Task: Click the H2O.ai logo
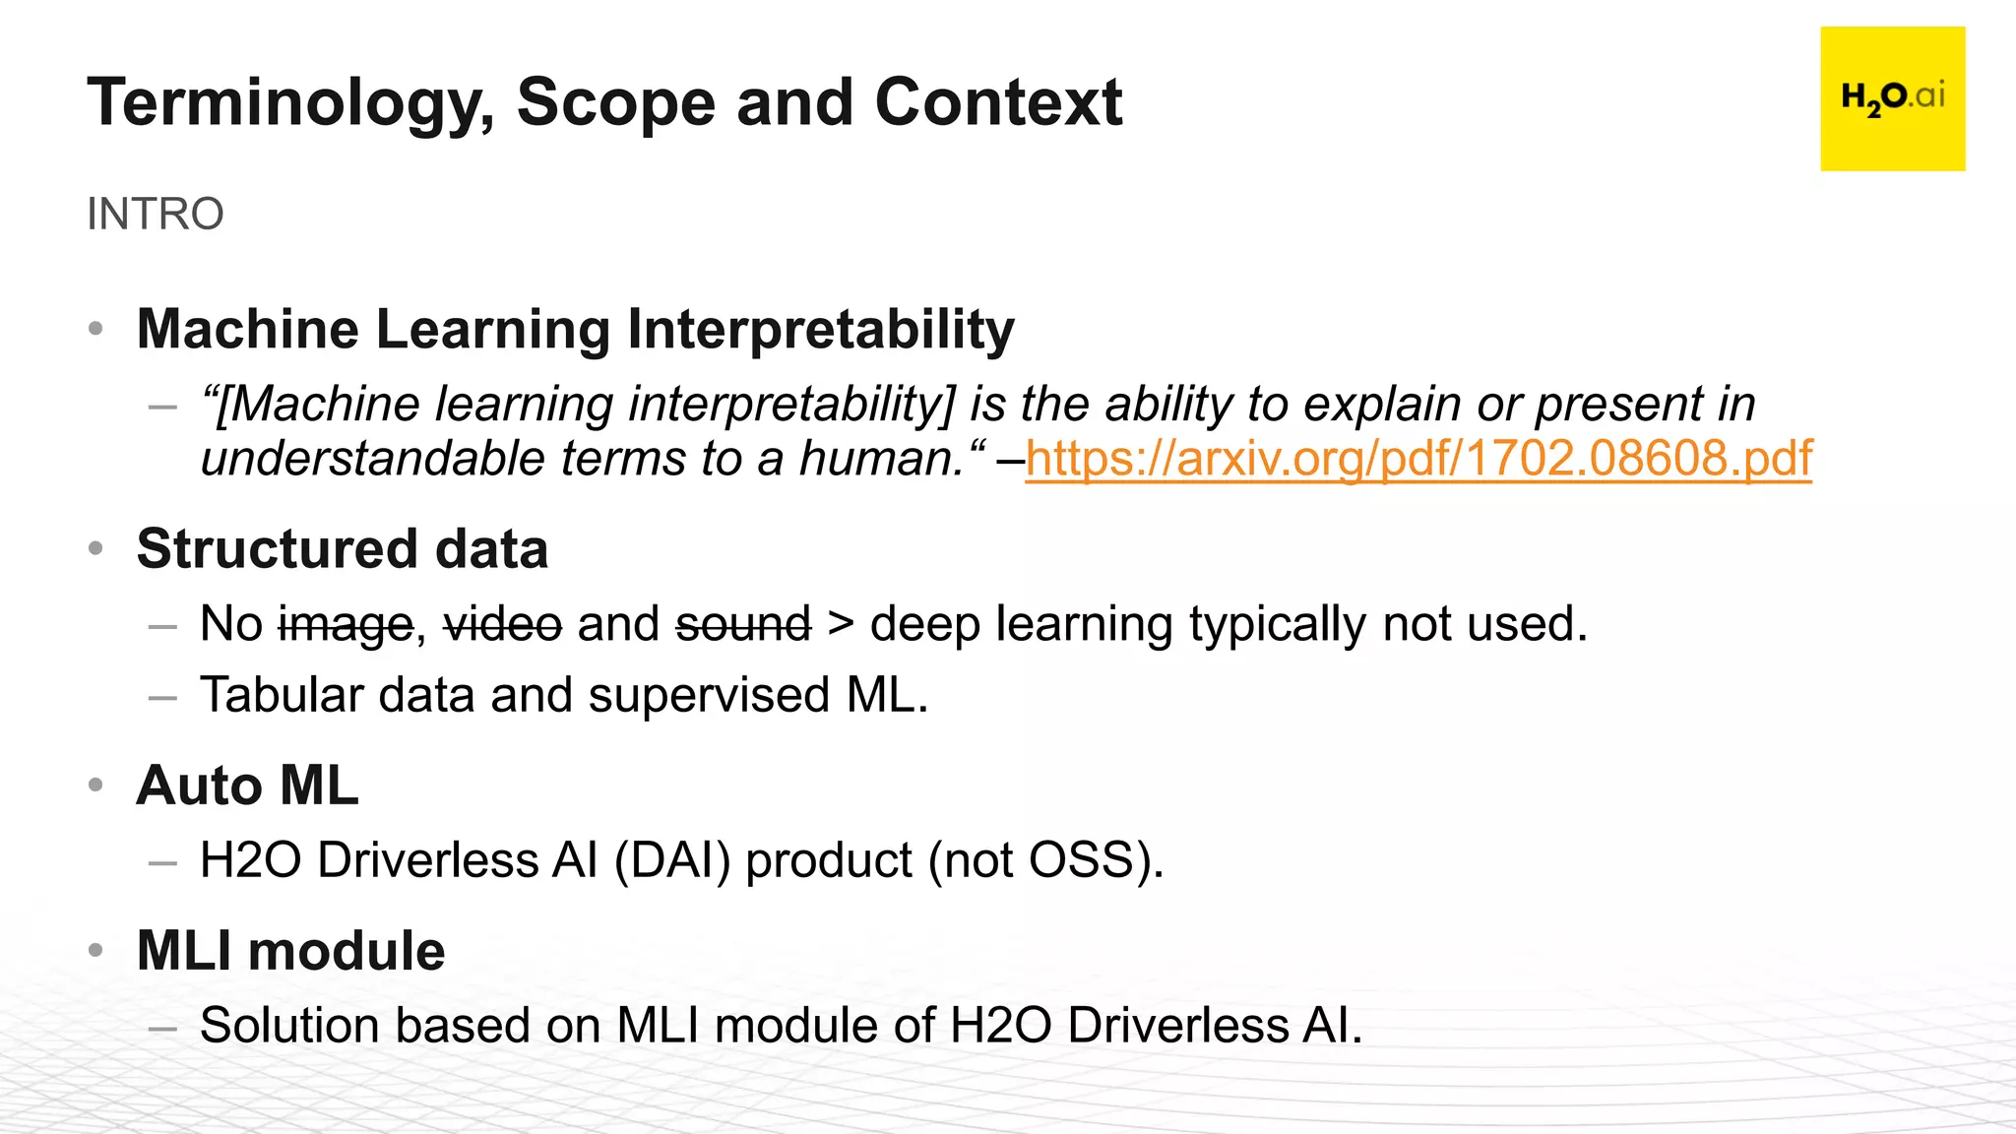[x=1892, y=98]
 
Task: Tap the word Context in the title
[x=998, y=102]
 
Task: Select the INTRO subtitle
[x=156, y=214]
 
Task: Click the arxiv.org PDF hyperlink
[x=1417, y=459]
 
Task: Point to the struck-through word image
[x=346, y=625]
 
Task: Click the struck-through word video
[x=502, y=625]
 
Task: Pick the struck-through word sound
[x=743, y=625]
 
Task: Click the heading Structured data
[x=342, y=548]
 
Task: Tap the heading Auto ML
[x=247, y=786]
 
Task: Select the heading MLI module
[x=290, y=951]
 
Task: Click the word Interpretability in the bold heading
[x=820, y=330]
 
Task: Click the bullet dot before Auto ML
[x=95, y=786]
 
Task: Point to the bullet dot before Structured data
[x=95, y=548]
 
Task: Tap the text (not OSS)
[x=1045, y=860]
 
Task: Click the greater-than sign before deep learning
[x=840, y=625]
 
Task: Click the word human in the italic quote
[x=881, y=459]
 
